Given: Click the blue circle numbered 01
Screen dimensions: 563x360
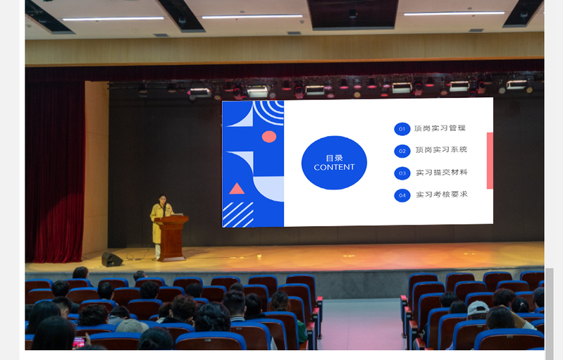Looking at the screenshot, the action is [x=402, y=129].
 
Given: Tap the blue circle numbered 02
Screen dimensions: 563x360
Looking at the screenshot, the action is [x=402, y=151].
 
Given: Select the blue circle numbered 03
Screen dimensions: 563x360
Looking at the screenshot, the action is [x=402, y=173].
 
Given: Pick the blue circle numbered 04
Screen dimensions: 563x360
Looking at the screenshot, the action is [x=402, y=196].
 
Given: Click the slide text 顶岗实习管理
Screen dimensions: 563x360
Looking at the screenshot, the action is [x=440, y=128].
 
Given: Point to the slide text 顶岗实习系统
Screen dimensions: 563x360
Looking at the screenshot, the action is [x=441, y=149].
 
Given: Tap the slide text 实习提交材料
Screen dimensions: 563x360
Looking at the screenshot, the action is [x=442, y=173].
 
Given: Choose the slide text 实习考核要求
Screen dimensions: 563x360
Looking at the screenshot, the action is [x=442, y=194].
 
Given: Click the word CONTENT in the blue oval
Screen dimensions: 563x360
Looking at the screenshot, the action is [x=334, y=167].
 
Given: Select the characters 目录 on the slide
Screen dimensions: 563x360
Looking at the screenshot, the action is [x=334, y=158].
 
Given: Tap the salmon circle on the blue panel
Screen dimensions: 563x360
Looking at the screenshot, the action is [x=269, y=137].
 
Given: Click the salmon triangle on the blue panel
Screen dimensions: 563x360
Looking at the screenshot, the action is [x=237, y=188].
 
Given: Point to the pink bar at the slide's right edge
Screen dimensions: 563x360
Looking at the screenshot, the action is [x=490, y=161].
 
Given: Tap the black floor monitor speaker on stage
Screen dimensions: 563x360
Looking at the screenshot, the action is [x=111, y=259].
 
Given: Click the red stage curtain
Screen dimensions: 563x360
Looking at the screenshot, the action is [x=55, y=172].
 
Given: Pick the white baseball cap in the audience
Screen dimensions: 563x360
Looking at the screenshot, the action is [x=478, y=308].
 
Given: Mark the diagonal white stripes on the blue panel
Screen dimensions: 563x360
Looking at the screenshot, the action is [x=238, y=215].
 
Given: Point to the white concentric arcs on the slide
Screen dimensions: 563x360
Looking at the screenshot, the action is [x=270, y=111].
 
